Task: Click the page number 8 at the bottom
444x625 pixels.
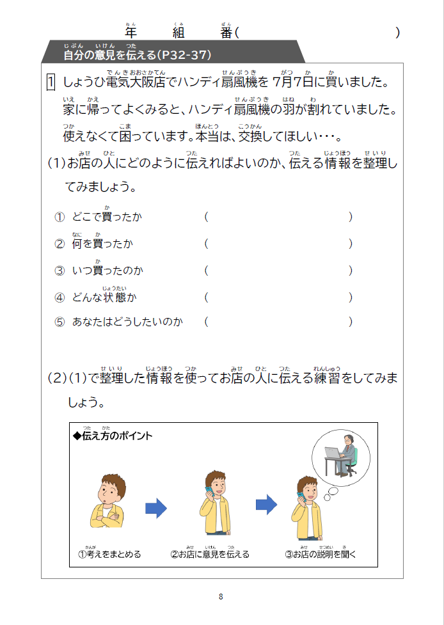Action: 221,597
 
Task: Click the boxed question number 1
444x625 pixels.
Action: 51,83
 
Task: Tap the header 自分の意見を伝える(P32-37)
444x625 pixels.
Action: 137,56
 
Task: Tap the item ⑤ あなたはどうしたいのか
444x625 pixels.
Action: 119,322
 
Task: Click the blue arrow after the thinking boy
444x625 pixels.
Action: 156,509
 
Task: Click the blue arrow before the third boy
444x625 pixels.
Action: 266,505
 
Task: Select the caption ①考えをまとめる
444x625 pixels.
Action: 109,554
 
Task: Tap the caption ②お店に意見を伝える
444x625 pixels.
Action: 210,554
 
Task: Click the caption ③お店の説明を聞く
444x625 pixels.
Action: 320,554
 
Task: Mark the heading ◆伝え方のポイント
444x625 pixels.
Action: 113,436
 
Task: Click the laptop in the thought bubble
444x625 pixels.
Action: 333,454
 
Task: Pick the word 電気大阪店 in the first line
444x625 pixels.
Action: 136,83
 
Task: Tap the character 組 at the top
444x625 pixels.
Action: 178,33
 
